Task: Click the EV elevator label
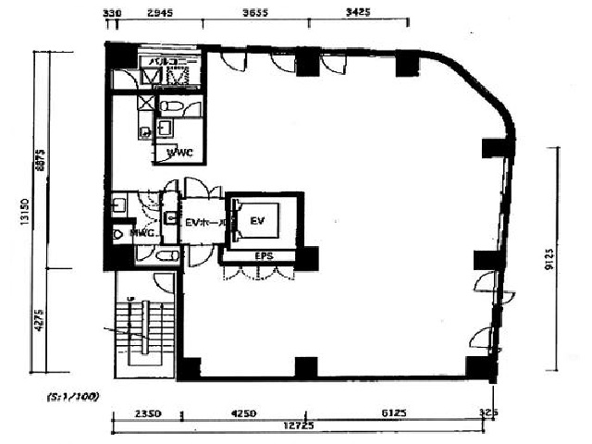(x=257, y=220)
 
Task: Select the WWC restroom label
(x=179, y=153)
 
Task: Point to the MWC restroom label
(x=141, y=234)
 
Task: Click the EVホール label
(x=205, y=222)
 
